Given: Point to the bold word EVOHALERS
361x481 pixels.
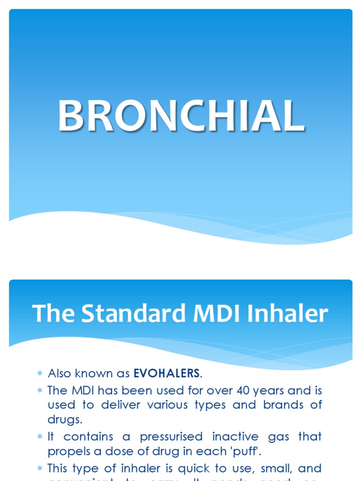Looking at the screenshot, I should pos(167,373).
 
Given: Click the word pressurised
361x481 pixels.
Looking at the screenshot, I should pos(171,436).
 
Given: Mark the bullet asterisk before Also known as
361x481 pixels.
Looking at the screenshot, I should pos(40,374).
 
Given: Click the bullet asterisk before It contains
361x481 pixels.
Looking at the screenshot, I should pos(40,437).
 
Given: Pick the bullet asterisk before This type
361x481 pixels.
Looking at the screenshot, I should pos(40,468).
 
